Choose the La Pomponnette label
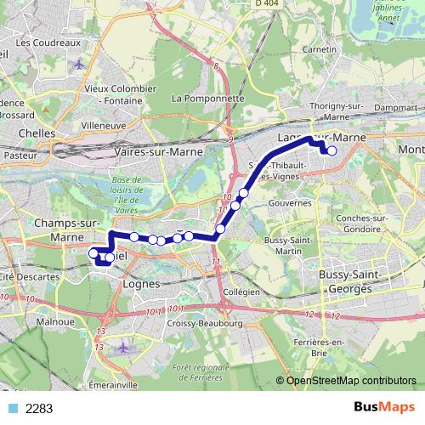click(207, 99)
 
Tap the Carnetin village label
click(319, 50)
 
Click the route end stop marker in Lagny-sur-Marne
click(331, 150)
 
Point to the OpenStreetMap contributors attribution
click(350, 380)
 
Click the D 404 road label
click(268, 4)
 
